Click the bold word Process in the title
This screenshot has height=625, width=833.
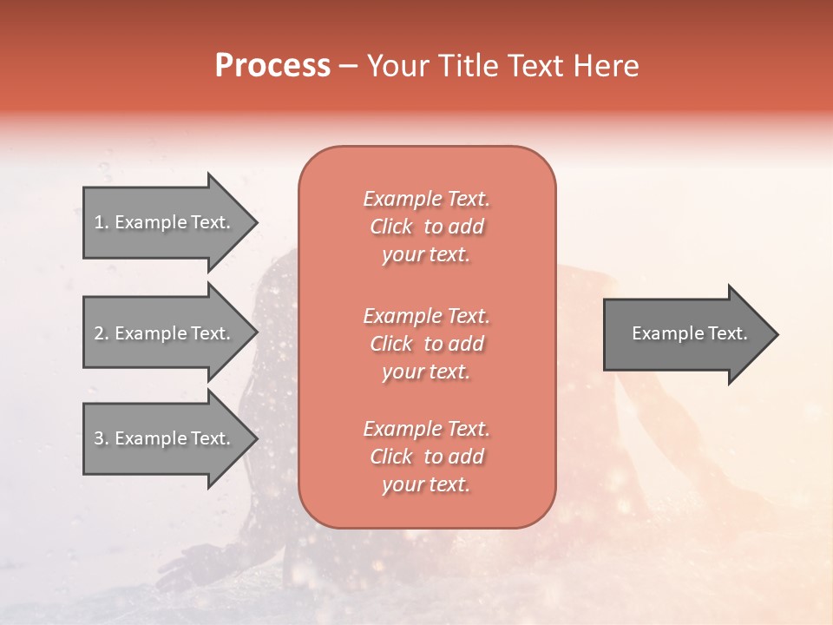(x=273, y=66)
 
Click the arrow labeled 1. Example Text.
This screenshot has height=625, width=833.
(x=171, y=222)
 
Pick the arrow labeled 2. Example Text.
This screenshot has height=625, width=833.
(x=171, y=332)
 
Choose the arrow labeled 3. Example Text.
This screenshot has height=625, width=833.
(x=171, y=438)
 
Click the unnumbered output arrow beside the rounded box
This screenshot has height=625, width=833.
(x=692, y=334)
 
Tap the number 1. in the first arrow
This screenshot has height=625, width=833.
(x=102, y=222)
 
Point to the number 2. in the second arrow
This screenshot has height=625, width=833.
(x=102, y=333)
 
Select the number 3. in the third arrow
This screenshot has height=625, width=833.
(x=102, y=438)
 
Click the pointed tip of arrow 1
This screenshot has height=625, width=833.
(x=258, y=223)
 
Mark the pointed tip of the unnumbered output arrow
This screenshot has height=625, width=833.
(x=778, y=334)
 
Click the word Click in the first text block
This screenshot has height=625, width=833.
(x=391, y=227)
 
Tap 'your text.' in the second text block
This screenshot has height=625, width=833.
(x=426, y=372)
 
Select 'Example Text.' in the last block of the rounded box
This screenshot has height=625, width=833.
(x=427, y=429)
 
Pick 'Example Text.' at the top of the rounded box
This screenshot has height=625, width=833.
(x=427, y=199)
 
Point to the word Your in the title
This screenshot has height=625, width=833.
(x=398, y=66)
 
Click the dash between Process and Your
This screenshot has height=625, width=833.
(x=349, y=68)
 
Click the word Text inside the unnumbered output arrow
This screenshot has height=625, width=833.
(x=728, y=333)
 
